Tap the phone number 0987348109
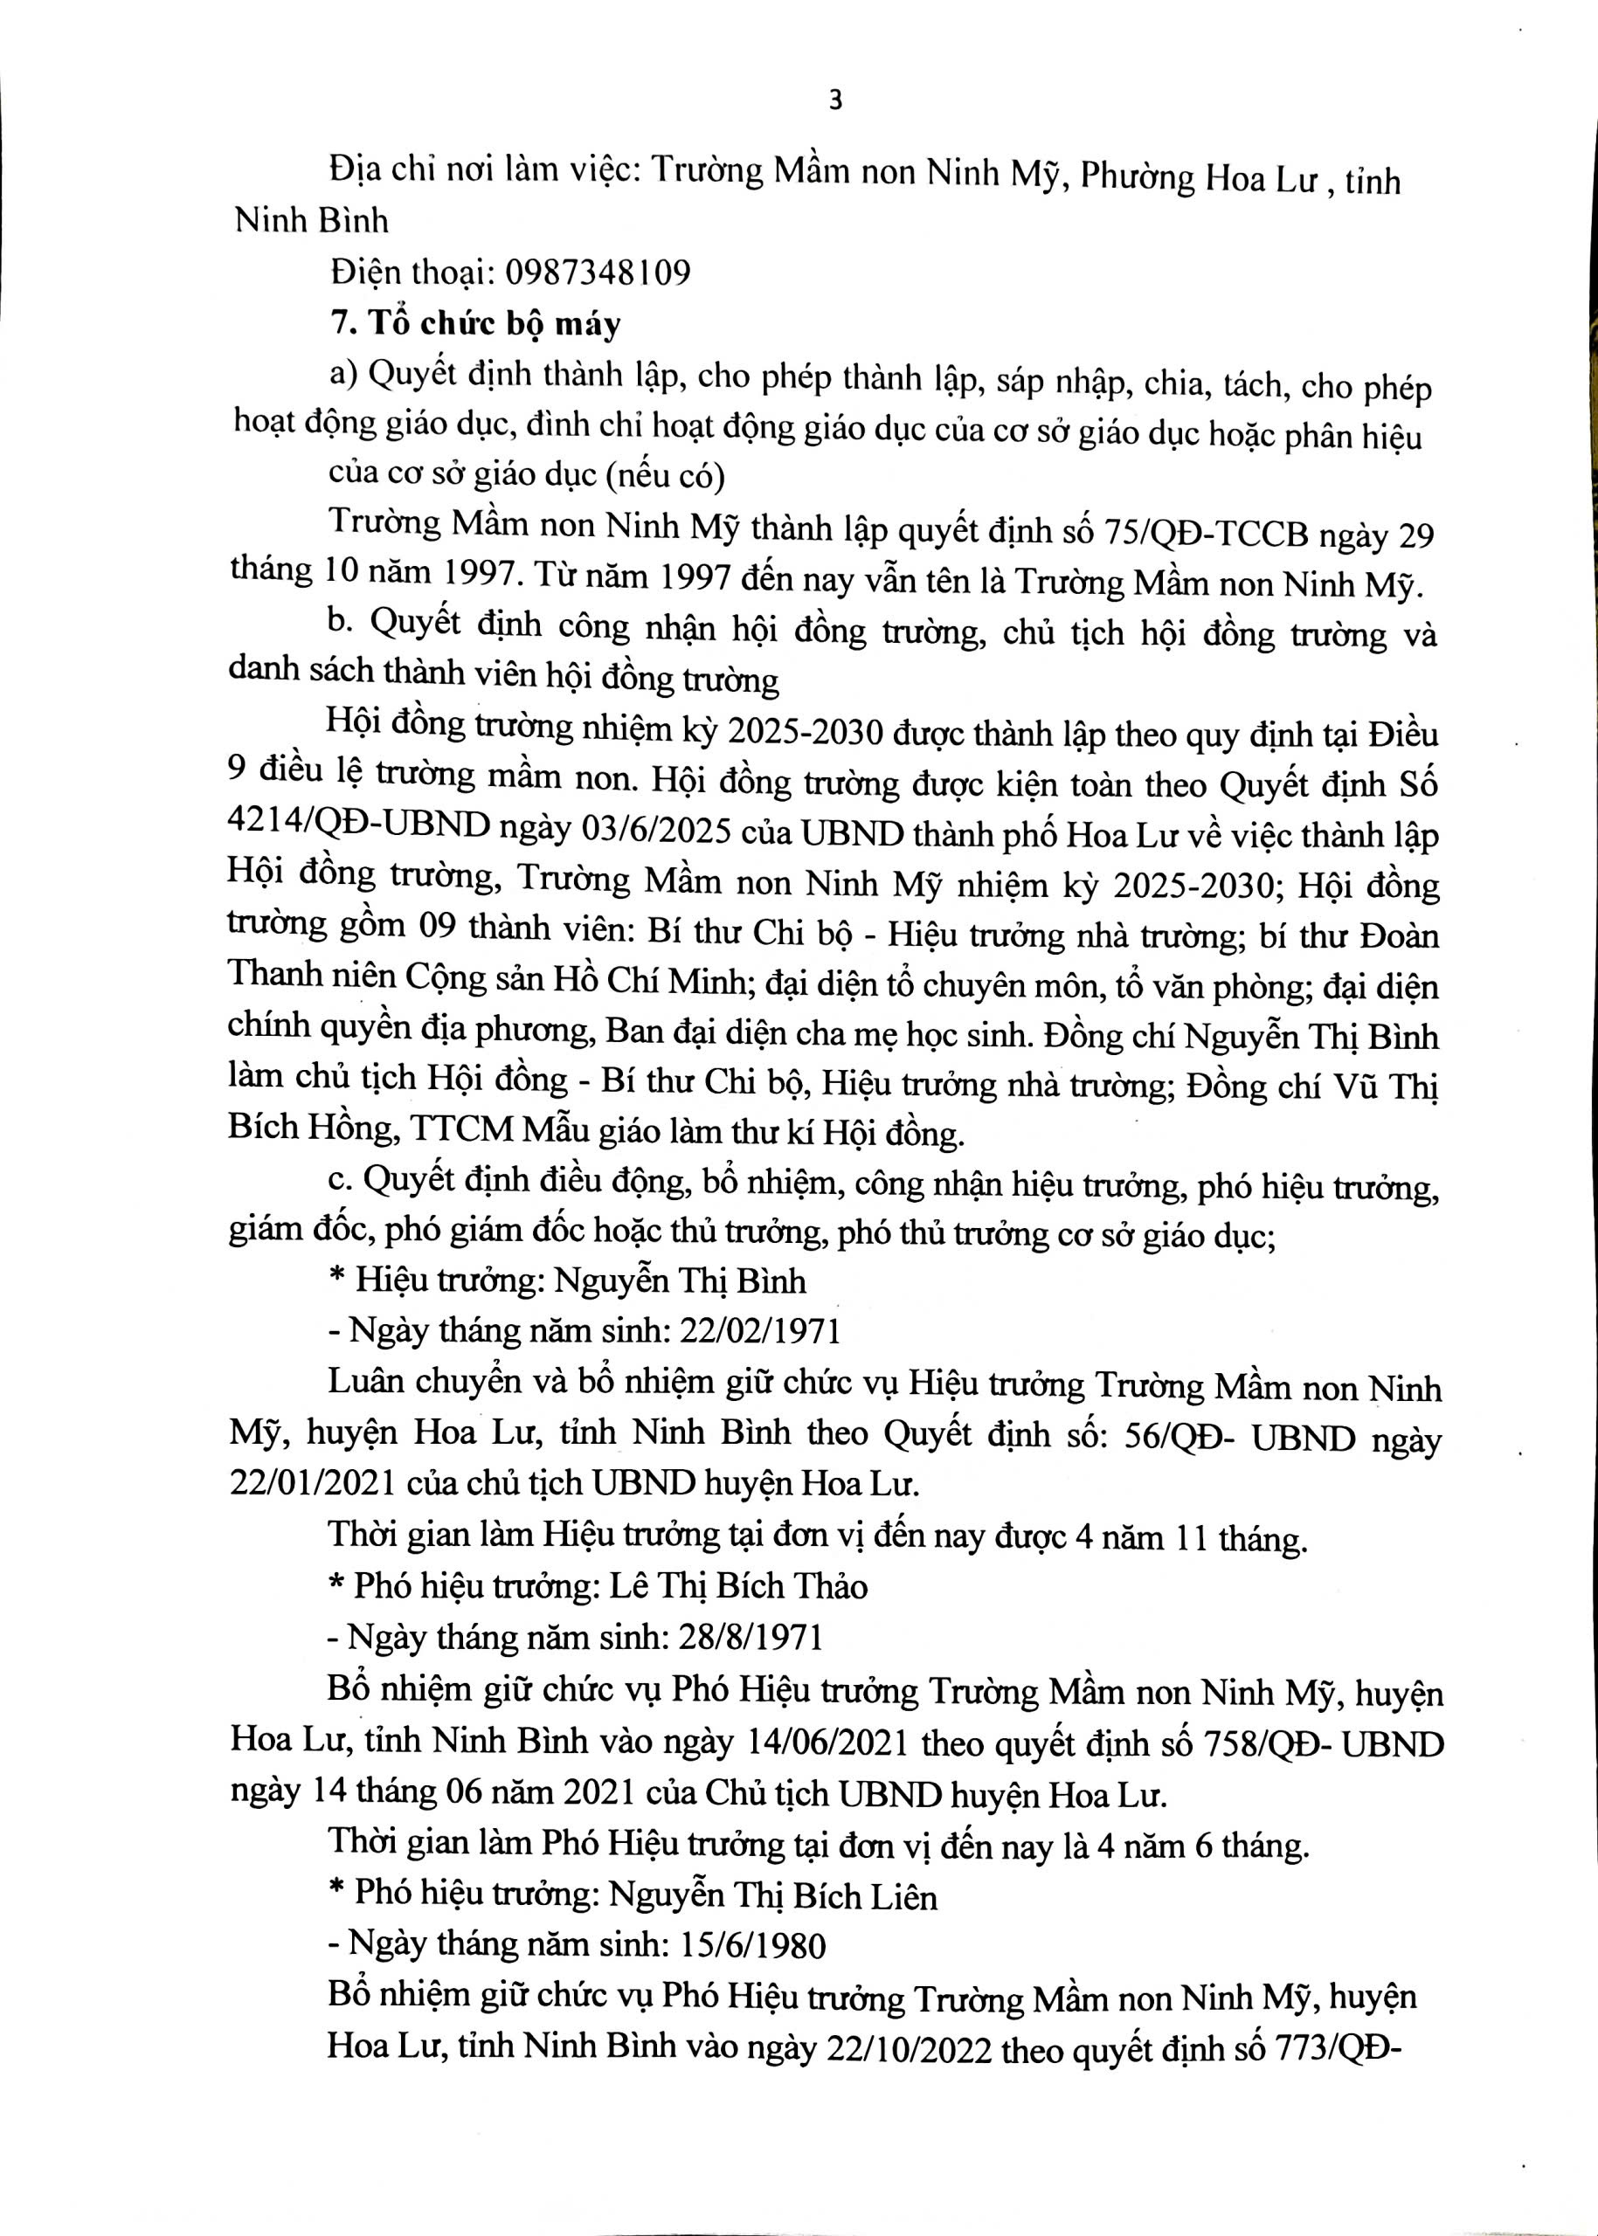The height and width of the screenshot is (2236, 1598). pyautogui.click(x=598, y=272)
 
